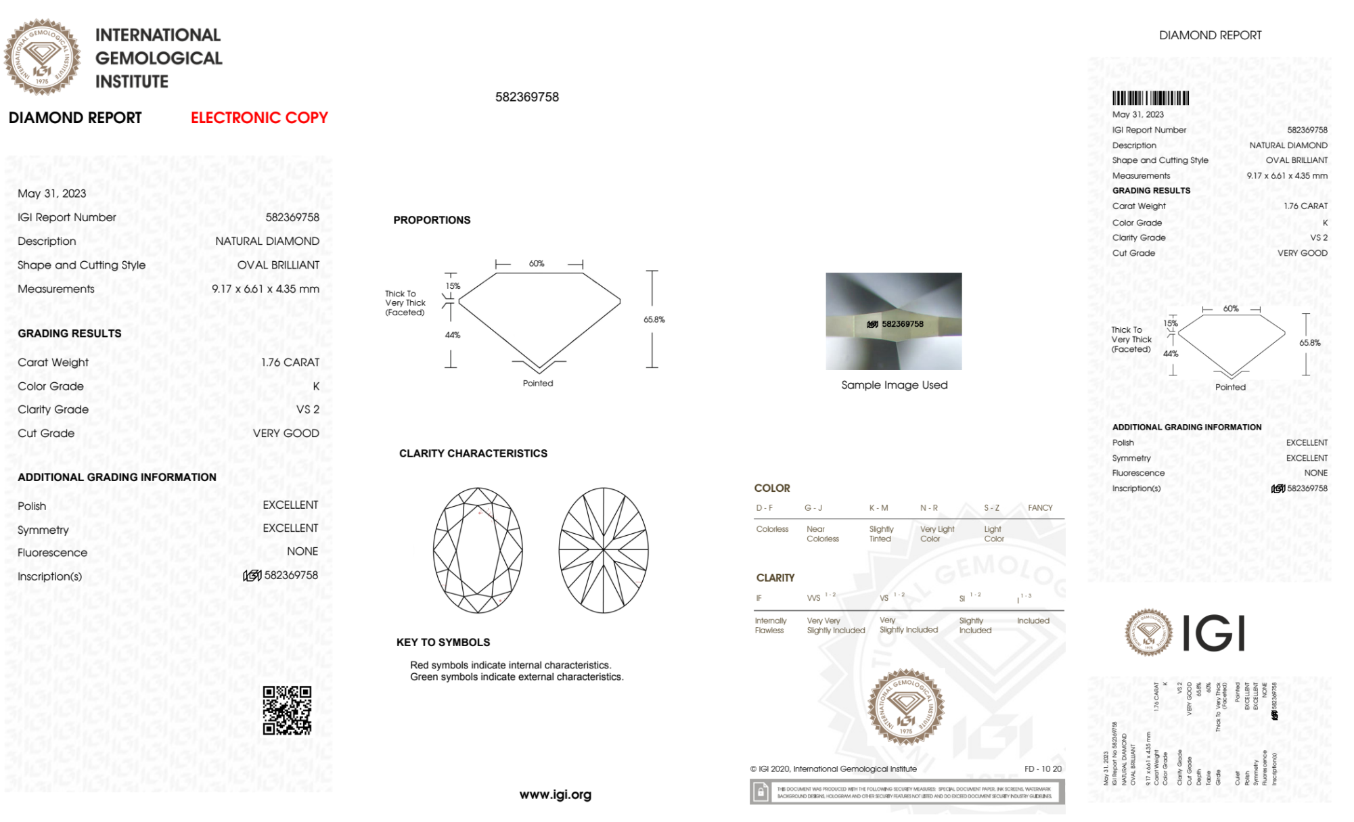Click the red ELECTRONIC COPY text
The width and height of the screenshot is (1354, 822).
click(x=259, y=118)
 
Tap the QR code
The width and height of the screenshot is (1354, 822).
click(x=287, y=710)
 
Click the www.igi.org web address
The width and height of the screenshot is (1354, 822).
click(x=555, y=794)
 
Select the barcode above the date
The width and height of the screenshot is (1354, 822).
click(x=1150, y=98)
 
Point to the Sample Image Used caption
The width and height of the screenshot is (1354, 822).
click(x=894, y=385)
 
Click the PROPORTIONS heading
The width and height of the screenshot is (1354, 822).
click(x=432, y=220)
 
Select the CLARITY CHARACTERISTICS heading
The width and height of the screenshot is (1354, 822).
click(x=473, y=453)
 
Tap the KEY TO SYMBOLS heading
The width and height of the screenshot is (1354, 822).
click(x=443, y=642)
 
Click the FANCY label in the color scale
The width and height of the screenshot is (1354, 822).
click(x=1040, y=507)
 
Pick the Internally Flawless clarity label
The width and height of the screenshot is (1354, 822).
click(x=770, y=625)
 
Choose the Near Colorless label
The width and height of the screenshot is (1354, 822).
click(x=822, y=534)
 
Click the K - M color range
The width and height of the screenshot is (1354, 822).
click(x=878, y=507)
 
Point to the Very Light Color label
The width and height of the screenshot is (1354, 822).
click(x=936, y=534)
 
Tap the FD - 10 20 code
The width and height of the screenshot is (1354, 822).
click(x=1043, y=769)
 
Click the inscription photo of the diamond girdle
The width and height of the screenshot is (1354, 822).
click(x=893, y=321)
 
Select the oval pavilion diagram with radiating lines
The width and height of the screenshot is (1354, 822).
click(x=603, y=550)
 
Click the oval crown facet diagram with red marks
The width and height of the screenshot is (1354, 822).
click(x=478, y=550)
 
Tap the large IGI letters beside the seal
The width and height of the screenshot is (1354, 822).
click(x=1214, y=633)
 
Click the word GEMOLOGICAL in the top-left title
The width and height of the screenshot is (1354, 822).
click(x=158, y=58)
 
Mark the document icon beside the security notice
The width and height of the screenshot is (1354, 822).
click(x=761, y=792)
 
